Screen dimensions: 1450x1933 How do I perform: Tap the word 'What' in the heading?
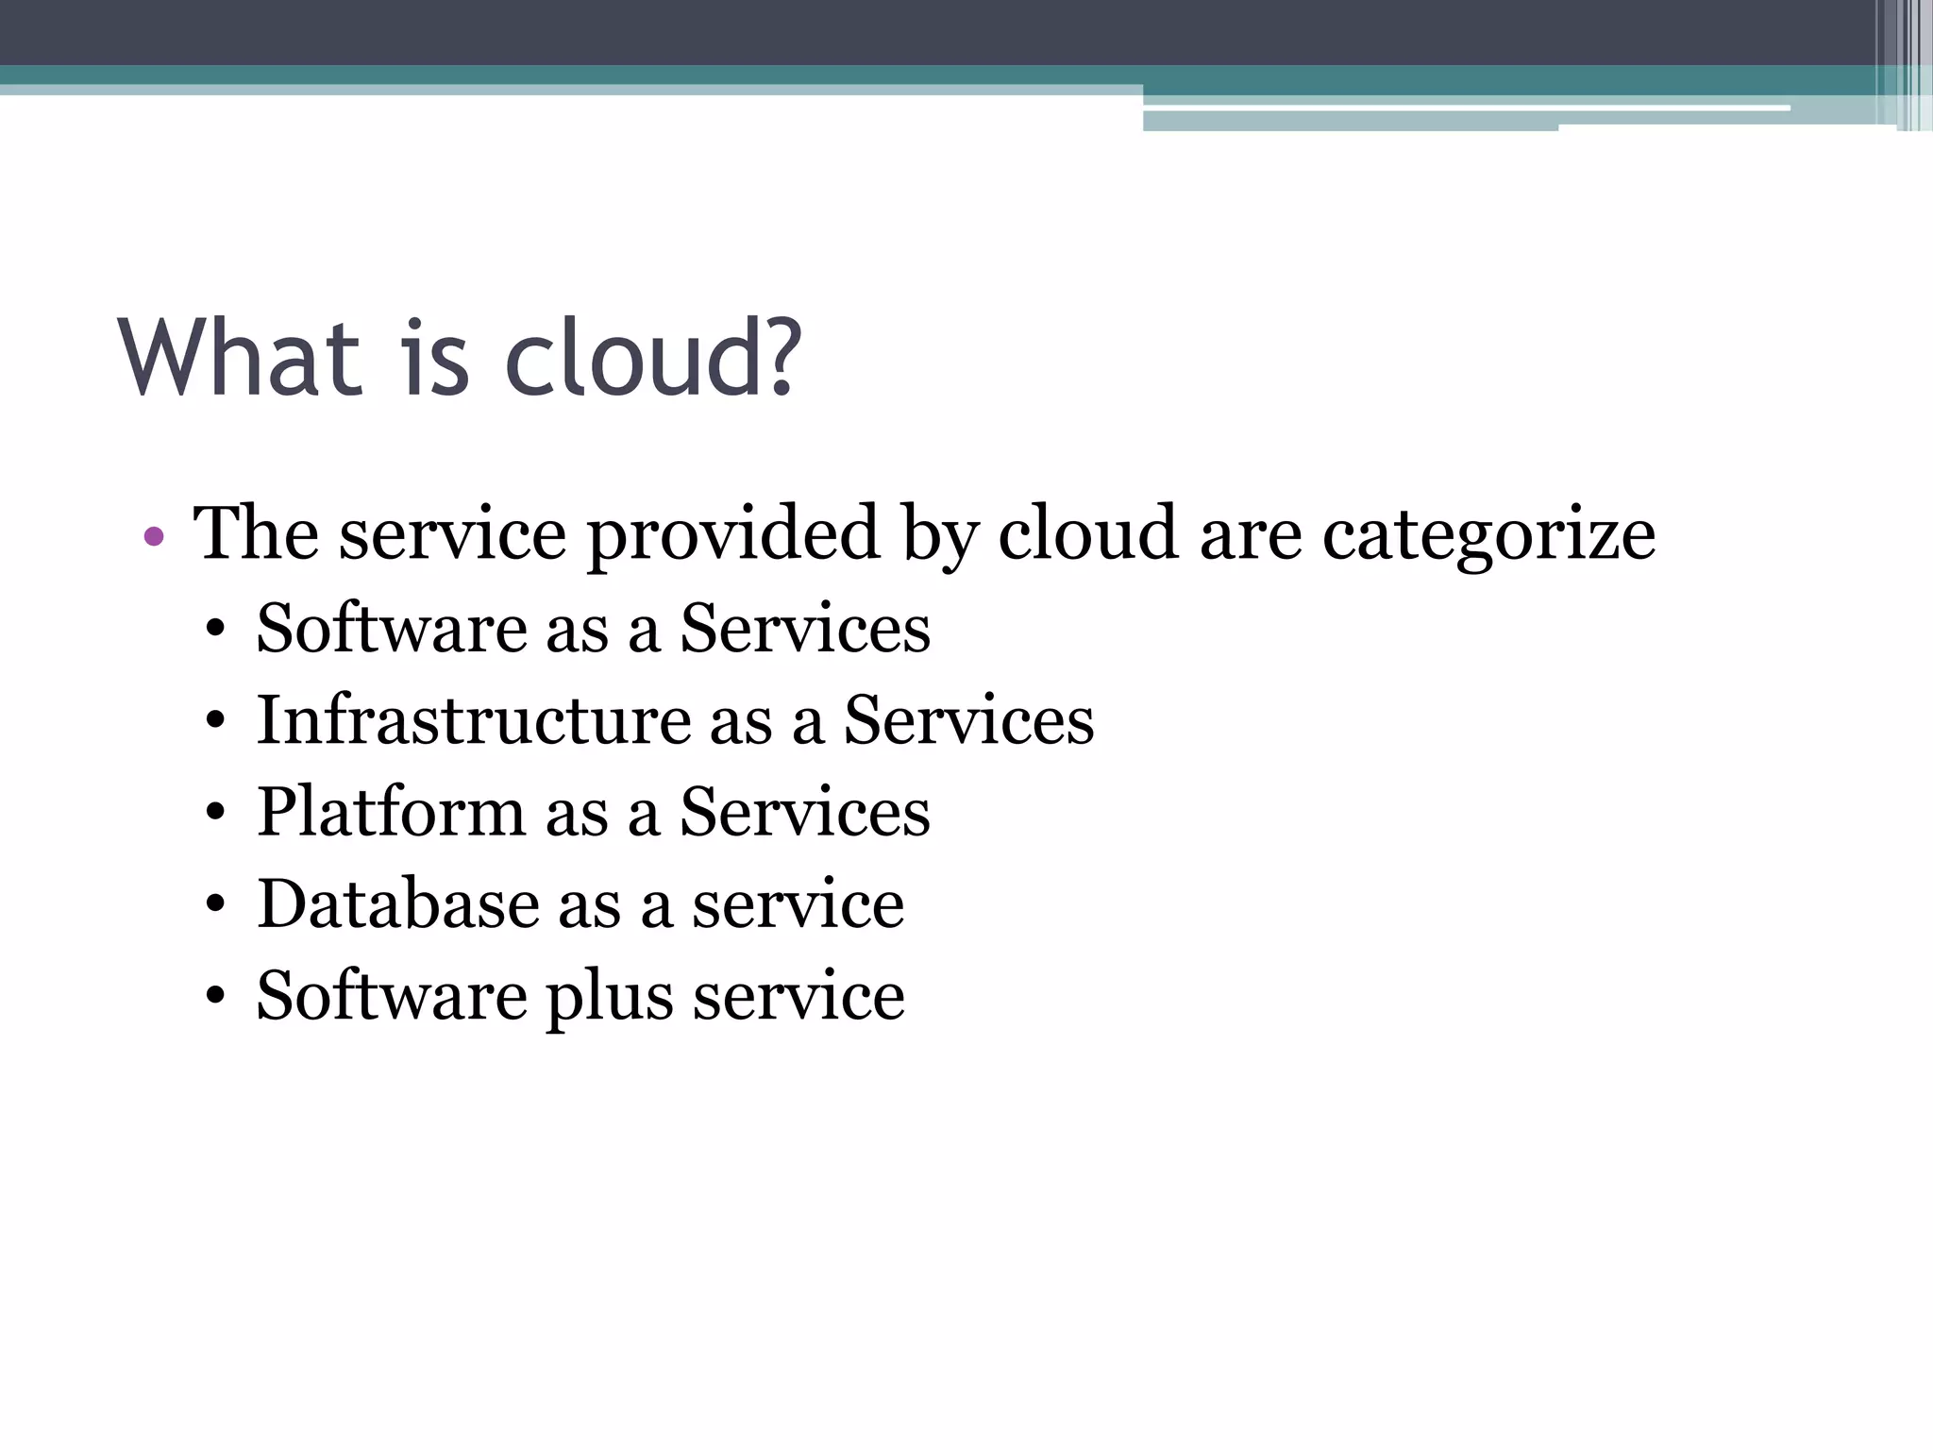(x=241, y=359)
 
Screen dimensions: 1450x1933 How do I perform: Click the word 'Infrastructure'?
(x=474, y=720)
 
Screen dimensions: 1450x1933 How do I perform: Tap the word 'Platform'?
(x=391, y=812)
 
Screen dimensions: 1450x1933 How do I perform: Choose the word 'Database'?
(x=397, y=903)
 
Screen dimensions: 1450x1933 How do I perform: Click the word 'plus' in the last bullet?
(x=610, y=997)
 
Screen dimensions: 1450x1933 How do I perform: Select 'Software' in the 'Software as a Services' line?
(x=392, y=629)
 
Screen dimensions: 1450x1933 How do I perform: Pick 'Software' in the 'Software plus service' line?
(x=392, y=995)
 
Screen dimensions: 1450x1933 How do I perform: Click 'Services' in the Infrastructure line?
(x=968, y=720)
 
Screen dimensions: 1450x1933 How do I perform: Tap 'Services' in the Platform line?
(x=805, y=812)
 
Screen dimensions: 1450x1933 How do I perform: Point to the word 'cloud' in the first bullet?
(x=1088, y=533)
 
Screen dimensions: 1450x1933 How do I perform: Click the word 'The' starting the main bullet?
(x=256, y=533)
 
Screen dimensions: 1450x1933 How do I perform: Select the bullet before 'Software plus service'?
(x=216, y=997)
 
